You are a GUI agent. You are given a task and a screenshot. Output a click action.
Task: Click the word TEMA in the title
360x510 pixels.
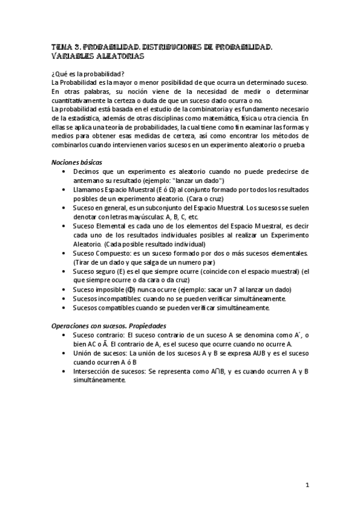click(61, 46)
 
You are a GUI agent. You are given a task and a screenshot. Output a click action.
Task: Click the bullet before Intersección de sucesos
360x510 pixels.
click(65, 371)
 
